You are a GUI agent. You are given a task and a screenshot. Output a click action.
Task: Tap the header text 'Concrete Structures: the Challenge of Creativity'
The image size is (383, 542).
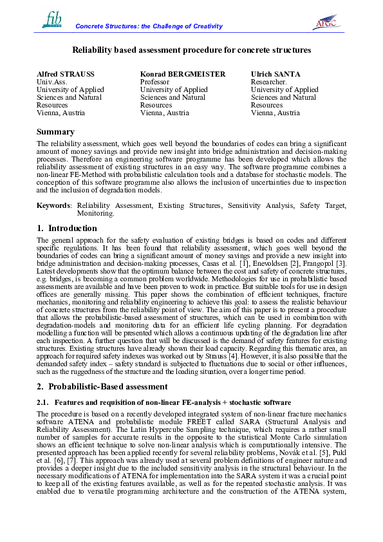(149, 26)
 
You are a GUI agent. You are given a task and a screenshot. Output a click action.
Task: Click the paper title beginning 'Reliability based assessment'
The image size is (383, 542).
(191, 50)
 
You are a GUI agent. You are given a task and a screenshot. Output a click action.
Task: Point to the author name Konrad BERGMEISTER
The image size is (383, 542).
(183, 74)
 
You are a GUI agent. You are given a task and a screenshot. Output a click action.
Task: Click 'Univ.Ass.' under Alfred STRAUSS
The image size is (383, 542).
(51, 82)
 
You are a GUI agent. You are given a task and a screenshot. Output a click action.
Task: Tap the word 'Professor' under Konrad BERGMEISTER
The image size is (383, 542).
(154, 82)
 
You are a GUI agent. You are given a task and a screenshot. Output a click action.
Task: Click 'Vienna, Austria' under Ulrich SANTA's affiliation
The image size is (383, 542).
(275, 113)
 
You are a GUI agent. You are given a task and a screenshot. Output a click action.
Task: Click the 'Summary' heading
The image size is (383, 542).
(55, 132)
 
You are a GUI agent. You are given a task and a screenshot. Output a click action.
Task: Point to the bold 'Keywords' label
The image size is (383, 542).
(53, 205)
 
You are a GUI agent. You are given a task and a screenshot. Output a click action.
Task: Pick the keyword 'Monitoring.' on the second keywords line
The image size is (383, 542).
(95, 212)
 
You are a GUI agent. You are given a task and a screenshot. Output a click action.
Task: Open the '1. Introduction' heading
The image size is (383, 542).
(67, 228)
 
